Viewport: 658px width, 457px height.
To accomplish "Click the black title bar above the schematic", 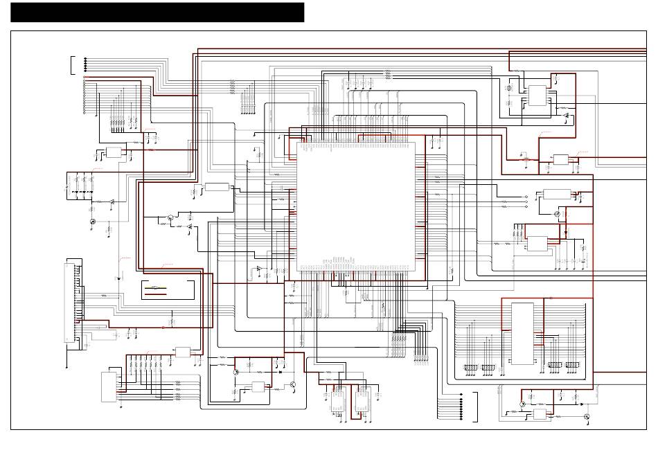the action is pyautogui.click(x=157, y=12).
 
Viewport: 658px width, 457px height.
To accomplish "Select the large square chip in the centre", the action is pyautogui.click(x=356, y=206).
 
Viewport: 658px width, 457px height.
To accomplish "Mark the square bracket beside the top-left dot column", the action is pyautogui.click(x=71, y=65).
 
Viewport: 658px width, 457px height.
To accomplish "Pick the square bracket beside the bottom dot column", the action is pyautogui.click(x=476, y=408).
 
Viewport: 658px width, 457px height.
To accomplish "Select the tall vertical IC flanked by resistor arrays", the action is pyautogui.click(x=522, y=334).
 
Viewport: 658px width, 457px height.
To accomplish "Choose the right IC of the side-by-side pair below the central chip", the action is pyautogui.click(x=362, y=402).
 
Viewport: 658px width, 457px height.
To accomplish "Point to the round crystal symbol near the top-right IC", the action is pyautogui.click(x=509, y=89).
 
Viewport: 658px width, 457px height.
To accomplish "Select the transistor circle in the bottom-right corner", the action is pyautogui.click(x=587, y=417).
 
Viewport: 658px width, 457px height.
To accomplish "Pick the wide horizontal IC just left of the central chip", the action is pyautogui.click(x=217, y=187).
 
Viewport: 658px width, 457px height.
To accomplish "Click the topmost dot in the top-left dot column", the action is pyautogui.click(x=86, y=58).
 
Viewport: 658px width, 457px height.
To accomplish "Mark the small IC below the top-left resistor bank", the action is pyautogui.click(x=114, y=152).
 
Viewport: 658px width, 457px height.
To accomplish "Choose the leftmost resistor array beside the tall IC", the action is pyautogui.click(x=470, y=366).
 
